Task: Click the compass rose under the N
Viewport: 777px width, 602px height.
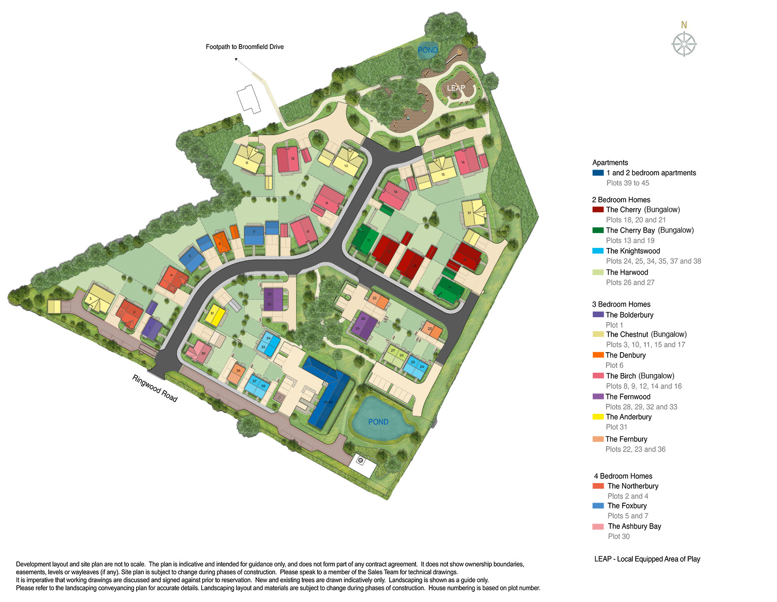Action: [x=684, y=44]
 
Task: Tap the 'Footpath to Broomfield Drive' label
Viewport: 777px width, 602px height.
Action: [x=245, y=47]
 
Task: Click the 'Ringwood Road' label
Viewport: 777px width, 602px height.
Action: [x=155, y=388]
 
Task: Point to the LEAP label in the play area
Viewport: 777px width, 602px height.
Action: [x=456, y=88]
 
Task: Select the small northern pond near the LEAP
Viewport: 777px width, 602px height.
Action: [x=427, y=50]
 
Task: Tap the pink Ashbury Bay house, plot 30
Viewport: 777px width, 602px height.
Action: [x=200, y=352]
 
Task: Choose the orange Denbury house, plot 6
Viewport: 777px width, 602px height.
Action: [x=221, y=243]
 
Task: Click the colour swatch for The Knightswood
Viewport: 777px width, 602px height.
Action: [x=598, y=251]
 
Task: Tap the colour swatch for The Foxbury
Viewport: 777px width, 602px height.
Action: [x=598, y=505]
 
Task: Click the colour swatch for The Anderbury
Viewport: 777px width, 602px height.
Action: [x=598, y=417]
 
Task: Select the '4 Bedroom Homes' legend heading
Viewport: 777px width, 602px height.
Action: [x=623, y=476]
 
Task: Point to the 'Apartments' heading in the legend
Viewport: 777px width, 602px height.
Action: [x=610, y=162]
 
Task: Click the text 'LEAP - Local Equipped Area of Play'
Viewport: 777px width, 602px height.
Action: [x=647, y=559]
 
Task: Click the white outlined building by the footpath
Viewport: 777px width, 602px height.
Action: [x=249, y=98]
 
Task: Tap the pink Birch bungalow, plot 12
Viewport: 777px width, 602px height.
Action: [x=288, y=160]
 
